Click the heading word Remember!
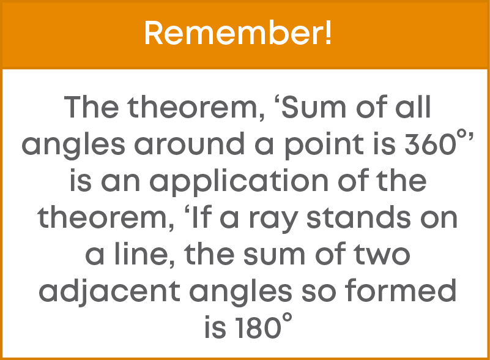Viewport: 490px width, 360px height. coord(238,33)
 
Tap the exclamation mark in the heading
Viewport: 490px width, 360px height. coord(328,33)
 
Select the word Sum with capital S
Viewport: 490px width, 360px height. coord(313,107)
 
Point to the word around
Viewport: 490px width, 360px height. coord(190,143)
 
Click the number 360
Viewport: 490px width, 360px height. coord(430,144)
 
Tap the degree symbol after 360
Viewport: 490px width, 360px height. coord(461,135)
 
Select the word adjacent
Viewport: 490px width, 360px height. coord(110,291)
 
